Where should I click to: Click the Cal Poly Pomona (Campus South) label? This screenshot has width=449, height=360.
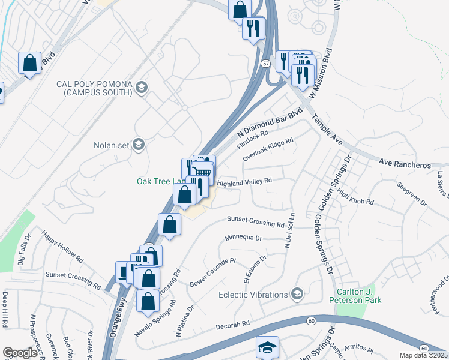click(94, 88)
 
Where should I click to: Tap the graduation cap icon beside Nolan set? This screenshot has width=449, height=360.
click(139, 145)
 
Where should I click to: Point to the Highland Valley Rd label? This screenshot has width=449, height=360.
click(244, 181)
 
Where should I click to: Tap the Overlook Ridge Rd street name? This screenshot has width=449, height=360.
click(268, 150)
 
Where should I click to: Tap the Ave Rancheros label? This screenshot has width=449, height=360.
click(406, 163)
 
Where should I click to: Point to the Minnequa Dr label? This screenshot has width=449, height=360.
click(244, 238)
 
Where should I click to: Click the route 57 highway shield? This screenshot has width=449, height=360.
click(265, 63)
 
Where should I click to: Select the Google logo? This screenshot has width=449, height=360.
click(20, 352)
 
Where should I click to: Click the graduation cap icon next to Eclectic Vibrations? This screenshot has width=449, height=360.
click(297, 294)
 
